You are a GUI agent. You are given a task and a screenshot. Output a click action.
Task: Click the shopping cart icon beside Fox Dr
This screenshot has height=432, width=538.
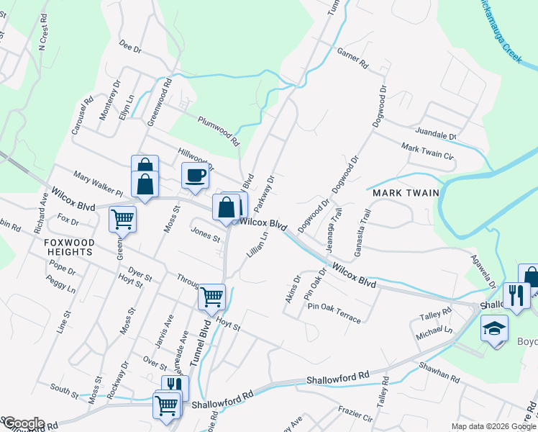(122, 218)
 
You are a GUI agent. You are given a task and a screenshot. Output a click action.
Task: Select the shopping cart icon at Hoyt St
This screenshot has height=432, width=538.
(211, 296)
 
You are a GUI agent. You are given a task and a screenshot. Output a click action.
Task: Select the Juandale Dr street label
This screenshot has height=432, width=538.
(437, 133)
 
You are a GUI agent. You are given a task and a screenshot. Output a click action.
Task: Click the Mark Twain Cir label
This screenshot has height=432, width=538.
(428, 151)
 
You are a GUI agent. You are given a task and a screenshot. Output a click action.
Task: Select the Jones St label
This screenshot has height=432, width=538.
(205, 234)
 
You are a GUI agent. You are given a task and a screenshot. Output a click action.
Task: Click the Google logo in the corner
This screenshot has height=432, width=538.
(23, 423)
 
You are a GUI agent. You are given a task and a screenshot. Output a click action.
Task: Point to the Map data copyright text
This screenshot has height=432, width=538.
(493, 426)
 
